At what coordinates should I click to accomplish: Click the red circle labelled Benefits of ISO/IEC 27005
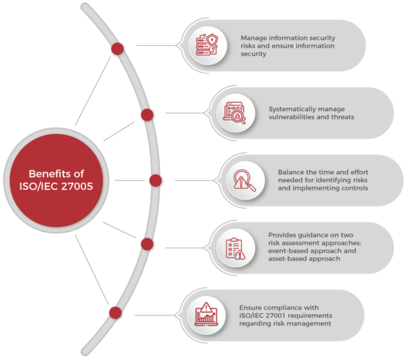56,180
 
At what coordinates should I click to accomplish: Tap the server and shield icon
207,45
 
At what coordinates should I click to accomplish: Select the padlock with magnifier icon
235,113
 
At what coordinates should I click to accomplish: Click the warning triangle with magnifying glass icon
244,180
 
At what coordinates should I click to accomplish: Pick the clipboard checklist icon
235,248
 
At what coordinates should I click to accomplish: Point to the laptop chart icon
206,315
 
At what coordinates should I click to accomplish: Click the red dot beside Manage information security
117,49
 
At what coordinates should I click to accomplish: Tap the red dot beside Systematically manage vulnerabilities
147,115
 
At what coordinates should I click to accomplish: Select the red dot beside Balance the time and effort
156,181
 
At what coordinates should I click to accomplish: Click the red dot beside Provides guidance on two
147,244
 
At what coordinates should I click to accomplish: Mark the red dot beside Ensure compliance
115,313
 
